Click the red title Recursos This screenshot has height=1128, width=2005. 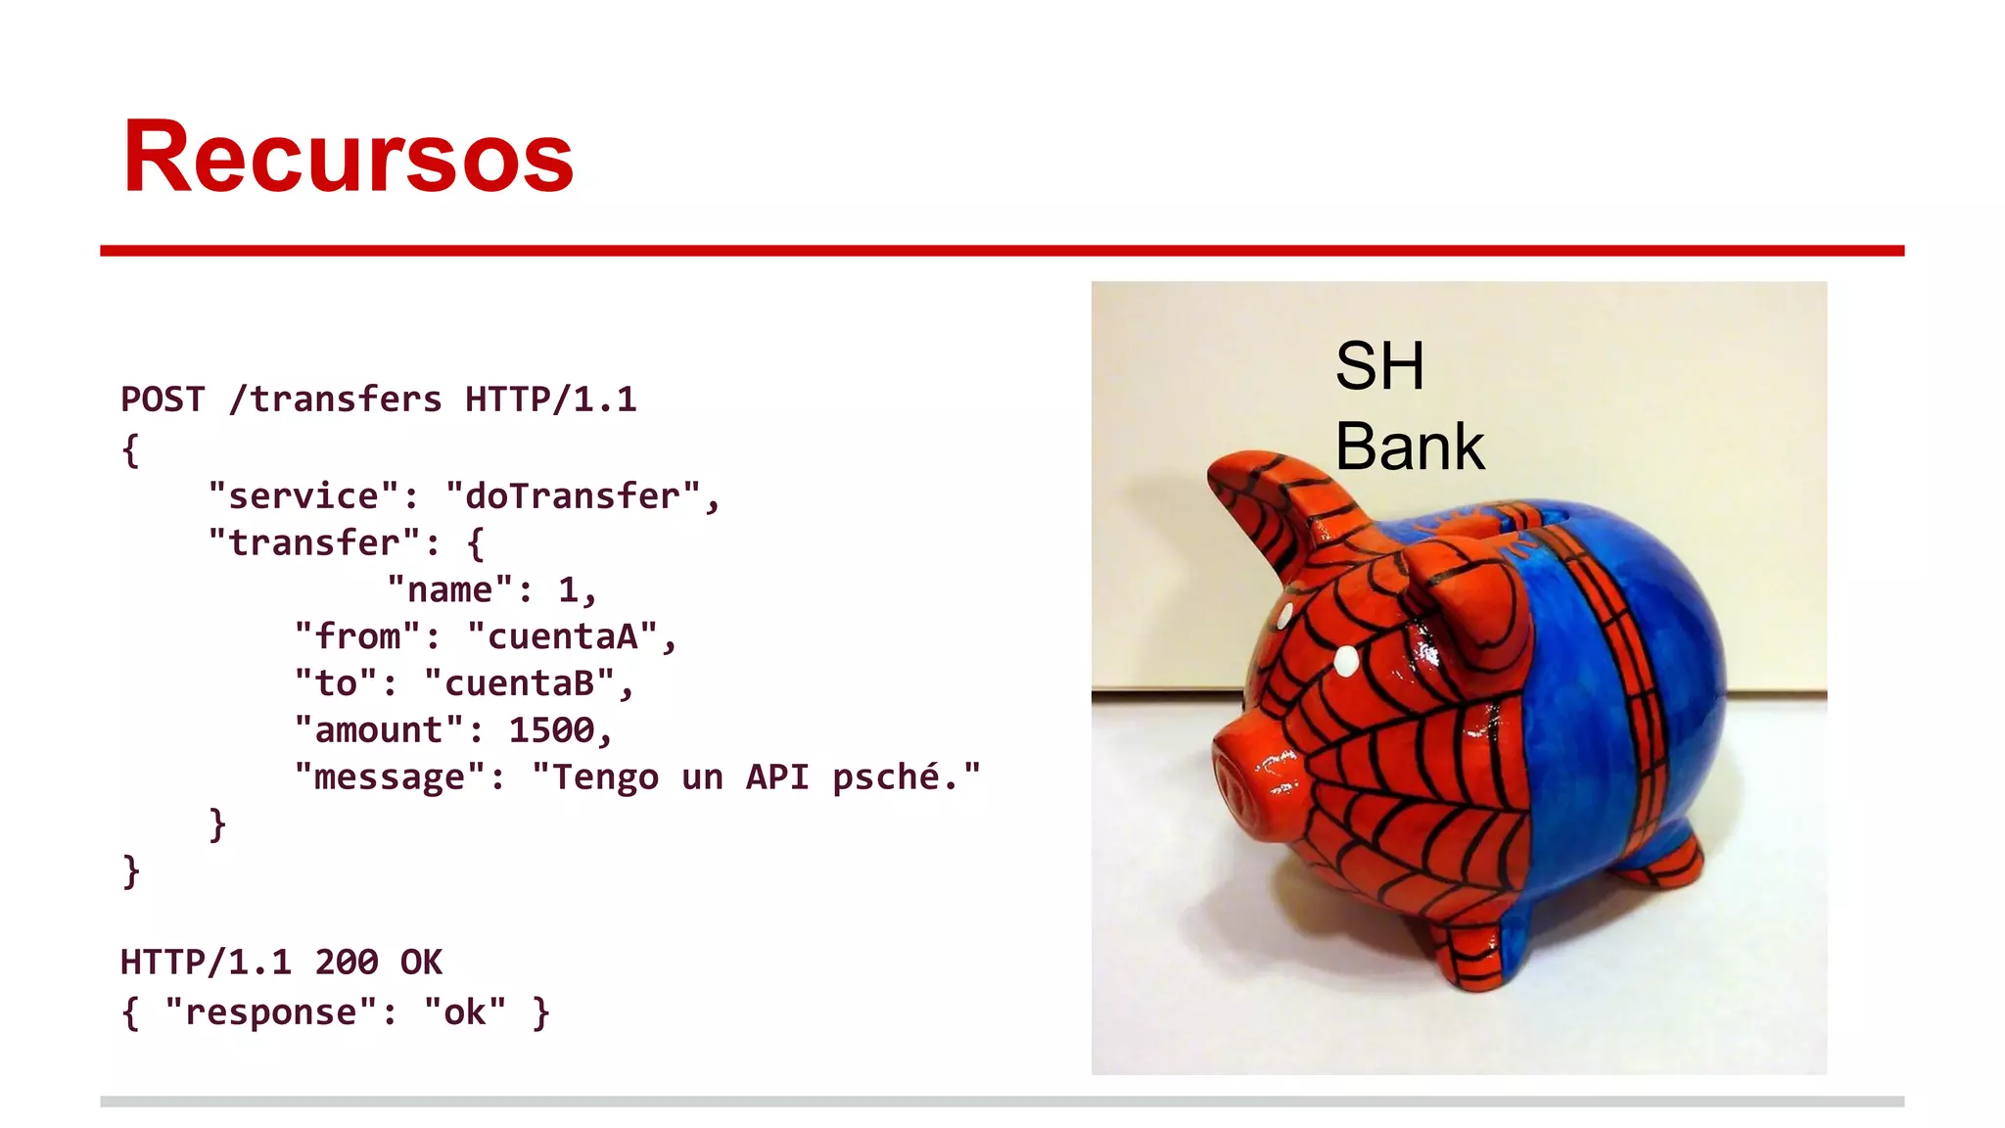348,158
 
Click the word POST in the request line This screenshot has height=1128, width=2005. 163,399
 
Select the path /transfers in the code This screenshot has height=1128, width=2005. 335,399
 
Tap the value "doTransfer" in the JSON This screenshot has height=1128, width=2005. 573,495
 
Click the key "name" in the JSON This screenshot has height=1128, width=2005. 449,589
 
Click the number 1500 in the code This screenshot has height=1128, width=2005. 551,730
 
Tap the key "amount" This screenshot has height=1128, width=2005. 379,730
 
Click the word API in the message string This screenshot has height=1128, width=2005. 777,777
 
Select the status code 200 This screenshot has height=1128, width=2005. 347,963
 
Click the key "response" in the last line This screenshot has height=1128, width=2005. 271,1012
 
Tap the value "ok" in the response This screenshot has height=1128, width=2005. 465,1012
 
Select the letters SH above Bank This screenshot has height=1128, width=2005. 1379,366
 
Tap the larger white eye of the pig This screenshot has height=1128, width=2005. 1347,661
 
